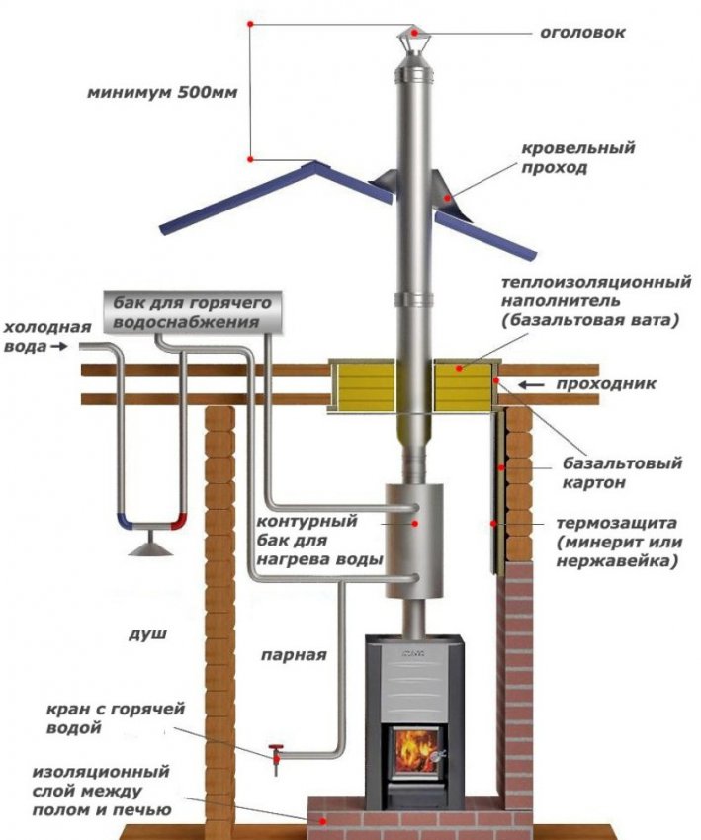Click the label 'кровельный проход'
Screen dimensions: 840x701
578,158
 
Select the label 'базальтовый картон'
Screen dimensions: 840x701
608,472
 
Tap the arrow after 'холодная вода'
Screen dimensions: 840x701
58,347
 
